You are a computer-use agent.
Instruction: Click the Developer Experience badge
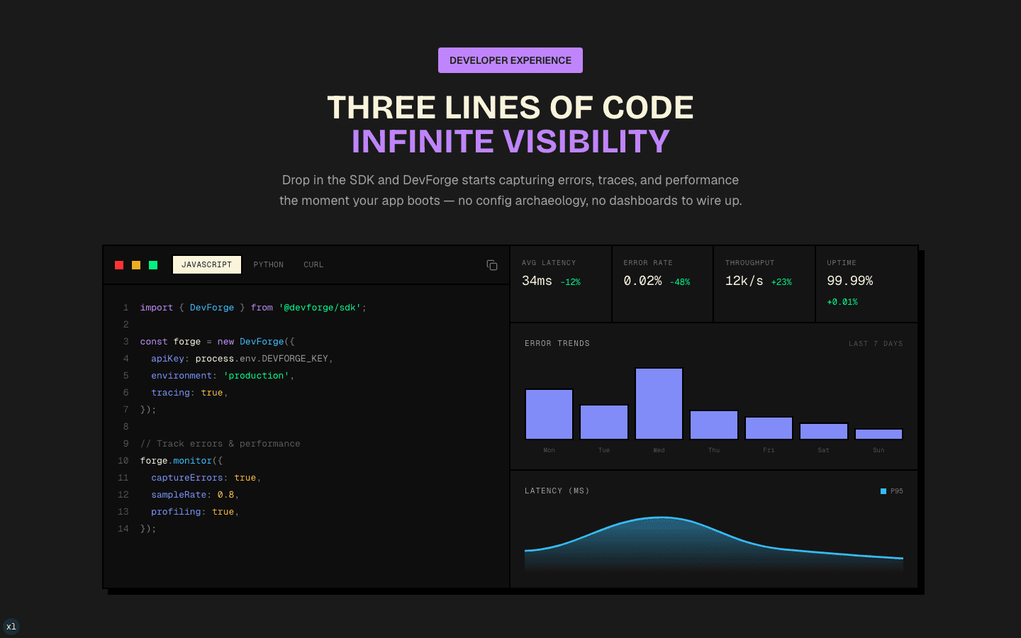tap(510, 60)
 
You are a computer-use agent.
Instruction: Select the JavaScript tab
tap(206, 265)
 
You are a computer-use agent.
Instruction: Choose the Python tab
tap(269, 265)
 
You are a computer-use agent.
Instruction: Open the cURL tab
tap(313, 265)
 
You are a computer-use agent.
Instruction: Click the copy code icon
tap(492, 265)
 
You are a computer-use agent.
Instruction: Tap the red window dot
tap(119, 265)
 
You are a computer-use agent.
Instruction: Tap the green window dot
tap(153, 265)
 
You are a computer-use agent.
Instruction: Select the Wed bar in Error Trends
tap(659, 403)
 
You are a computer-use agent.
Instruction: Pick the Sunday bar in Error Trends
tap(878, 434)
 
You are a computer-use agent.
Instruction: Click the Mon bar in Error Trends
tap(549, 414)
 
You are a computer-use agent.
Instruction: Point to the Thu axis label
tap(714, 450)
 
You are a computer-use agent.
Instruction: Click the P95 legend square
tap(883, 491)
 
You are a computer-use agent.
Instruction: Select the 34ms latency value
tap(537, 281)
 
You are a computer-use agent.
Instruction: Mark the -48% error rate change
tap(680, 282)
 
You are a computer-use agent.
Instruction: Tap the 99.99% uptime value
tap(849, 281)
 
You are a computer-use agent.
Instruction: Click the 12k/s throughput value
tap(744, 281)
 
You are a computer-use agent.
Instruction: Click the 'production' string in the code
tap(256, 376)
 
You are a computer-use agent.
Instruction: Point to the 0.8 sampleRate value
tap(225, 495)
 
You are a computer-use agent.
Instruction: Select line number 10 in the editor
tap(123, 461)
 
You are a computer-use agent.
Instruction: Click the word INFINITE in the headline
tap(423, 141)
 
